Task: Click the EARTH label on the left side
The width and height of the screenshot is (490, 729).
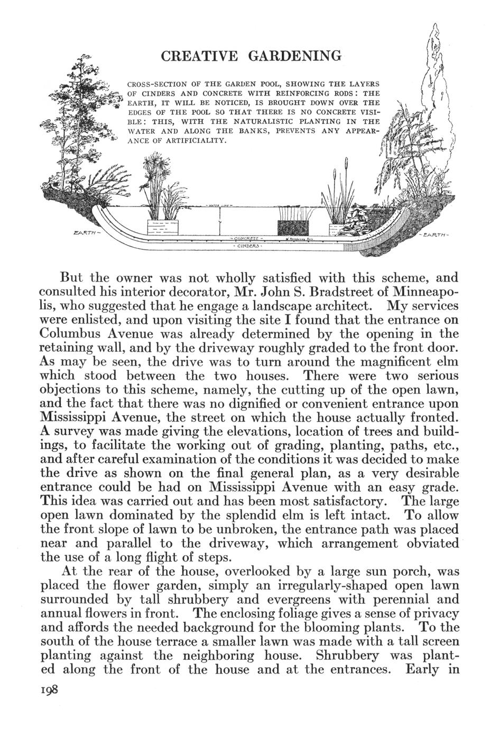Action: tap(84, 232)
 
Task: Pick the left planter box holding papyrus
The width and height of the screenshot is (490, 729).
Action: tap(162, 227)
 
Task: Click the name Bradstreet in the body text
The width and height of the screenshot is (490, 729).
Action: tap(338, 292)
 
